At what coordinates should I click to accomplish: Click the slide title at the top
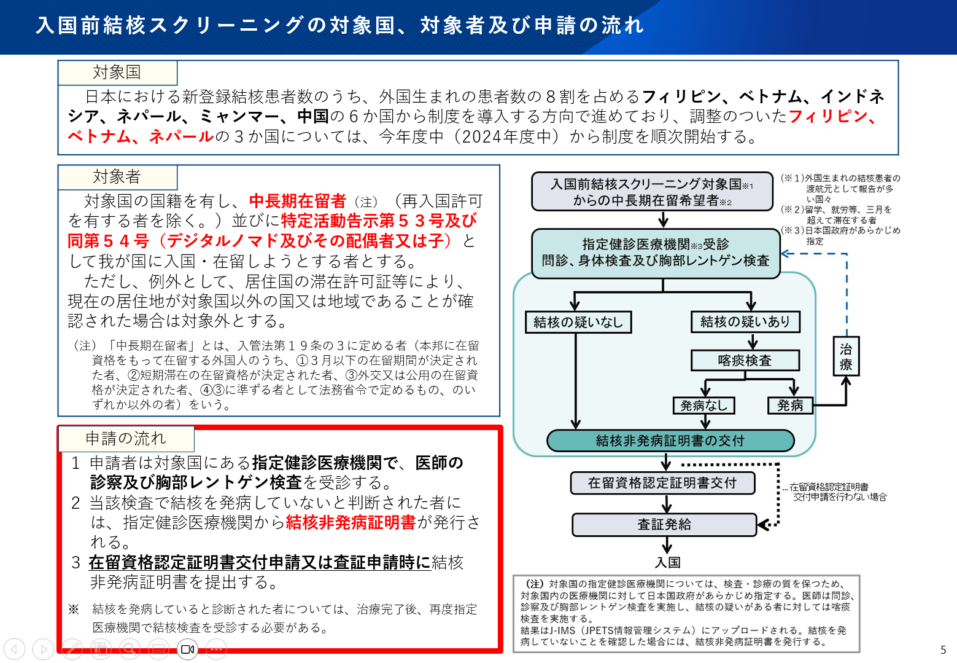click(339, 25)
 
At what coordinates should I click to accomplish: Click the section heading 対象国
click(117, 73)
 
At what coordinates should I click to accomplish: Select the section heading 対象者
click(117, 177)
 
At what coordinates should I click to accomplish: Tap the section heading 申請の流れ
click(126, 438)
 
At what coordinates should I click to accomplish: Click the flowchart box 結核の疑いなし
click(578, 322)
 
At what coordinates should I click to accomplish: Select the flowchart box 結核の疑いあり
click(745, 321)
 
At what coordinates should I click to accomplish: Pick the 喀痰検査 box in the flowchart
click(745, 360)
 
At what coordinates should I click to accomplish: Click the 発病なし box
click(703, 406)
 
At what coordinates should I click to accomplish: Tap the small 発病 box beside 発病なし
click(790, 406)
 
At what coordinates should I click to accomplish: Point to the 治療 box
click(846, 356)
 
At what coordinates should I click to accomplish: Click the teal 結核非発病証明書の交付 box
click(670, 441)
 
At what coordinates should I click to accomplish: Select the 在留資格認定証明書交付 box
click(662, 483)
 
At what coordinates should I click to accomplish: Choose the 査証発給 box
click(664, 524)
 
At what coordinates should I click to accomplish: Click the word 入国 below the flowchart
click(667, 562)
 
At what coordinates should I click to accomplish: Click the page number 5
click(943, 649)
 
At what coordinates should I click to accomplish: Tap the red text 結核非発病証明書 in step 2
click(351, 522)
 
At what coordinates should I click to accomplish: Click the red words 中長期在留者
click(298, 201)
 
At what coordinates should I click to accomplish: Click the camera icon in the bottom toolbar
click(188, 649)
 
